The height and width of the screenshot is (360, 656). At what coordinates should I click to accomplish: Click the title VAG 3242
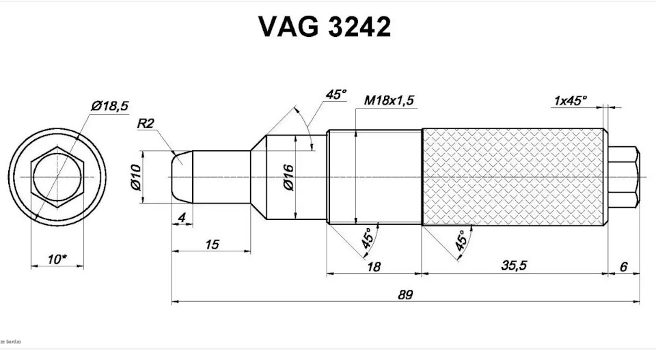point(325,27)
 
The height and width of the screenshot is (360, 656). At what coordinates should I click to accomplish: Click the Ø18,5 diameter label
point(109,106)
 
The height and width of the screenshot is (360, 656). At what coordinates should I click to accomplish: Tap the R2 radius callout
point(146,124)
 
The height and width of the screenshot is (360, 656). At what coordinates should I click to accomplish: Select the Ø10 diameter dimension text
point(135,177)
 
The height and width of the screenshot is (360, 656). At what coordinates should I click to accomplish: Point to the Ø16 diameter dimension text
point(288,177)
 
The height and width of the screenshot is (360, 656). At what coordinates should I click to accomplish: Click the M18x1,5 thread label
point(389,100)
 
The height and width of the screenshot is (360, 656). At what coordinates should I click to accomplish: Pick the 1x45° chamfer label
point(570,100)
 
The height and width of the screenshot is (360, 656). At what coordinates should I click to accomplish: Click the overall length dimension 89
point(405,294)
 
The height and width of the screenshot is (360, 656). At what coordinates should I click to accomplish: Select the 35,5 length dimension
point(514,266)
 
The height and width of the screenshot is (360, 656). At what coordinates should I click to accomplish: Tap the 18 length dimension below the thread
point(374,266)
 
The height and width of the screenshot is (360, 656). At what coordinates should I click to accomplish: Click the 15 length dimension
point(212,244)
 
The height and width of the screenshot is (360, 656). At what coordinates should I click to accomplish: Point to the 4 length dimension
point(181,218)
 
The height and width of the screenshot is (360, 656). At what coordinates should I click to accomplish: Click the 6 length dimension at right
point(623,266)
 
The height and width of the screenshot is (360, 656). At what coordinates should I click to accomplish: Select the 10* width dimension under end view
point(57,260)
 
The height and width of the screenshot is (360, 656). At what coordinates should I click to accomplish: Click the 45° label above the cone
point(336,94)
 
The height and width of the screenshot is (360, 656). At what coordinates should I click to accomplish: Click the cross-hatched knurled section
point(512,177)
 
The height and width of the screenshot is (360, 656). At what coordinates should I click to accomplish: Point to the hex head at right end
point(623,177)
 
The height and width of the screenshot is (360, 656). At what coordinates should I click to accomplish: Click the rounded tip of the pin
point(180,176)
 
